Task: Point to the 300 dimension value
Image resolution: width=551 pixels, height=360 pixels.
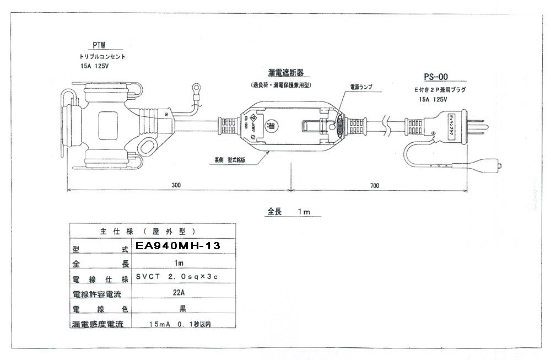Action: coord(176,185)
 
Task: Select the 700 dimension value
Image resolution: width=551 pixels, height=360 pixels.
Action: coord(374,185)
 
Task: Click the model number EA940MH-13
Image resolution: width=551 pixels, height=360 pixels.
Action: coord(177,246)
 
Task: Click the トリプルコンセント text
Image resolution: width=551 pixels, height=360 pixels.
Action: coord(102,57)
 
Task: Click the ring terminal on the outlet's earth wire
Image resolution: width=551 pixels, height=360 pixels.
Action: coord(196,87)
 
